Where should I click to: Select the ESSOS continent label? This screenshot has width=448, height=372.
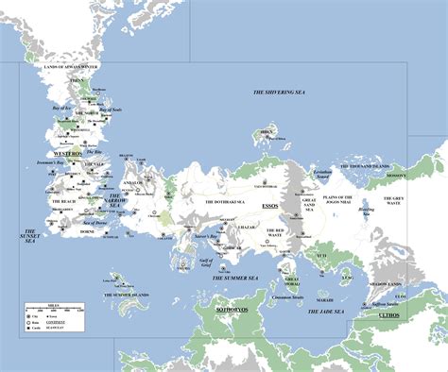(270, 204)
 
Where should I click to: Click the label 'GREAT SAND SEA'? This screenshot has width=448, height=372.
(308, 204)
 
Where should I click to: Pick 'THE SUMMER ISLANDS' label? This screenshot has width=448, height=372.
(127, 296)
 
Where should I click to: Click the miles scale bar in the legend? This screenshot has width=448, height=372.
(55, 312)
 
